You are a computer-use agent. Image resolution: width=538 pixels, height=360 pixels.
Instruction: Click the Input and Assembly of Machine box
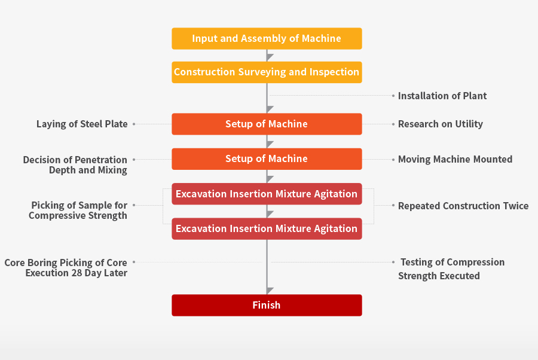(267, 38)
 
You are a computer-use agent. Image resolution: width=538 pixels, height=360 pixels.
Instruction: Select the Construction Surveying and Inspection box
(267, 72)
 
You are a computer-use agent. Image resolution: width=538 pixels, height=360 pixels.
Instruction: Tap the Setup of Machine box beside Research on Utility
(267, 124)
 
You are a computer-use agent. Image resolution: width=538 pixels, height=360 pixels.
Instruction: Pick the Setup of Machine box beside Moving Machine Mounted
(267, 159)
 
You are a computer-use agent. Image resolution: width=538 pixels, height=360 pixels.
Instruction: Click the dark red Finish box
(267, 305)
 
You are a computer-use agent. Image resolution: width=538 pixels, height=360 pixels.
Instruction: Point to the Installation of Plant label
(442, 96)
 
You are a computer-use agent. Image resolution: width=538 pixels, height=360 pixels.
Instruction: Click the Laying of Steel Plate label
(82, 124)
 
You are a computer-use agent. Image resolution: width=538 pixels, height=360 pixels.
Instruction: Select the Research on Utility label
(440, 124)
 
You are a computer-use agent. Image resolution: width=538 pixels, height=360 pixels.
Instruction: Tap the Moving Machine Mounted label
(455, 159)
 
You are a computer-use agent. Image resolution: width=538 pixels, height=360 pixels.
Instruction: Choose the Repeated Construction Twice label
(463, 206)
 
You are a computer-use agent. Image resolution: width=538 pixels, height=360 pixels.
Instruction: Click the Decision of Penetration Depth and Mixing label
(75, 164)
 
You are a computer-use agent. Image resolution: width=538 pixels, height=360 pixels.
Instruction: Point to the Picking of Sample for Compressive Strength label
(78, 210)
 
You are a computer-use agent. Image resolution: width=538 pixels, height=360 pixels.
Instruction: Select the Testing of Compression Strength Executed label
(451, 269)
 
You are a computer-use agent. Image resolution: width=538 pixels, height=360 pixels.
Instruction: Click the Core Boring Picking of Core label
(66, 263)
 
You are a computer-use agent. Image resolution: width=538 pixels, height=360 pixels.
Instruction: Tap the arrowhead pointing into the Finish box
(270, 291)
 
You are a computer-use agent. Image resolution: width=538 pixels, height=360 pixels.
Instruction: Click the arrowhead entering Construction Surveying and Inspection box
(270, 57)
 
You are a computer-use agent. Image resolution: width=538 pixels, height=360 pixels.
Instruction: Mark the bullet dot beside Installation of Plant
(393, 96)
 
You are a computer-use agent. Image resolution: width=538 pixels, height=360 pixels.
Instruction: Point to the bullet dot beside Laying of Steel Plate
(134, 124)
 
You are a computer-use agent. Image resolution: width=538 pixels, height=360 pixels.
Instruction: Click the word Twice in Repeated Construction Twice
(516, 206)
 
